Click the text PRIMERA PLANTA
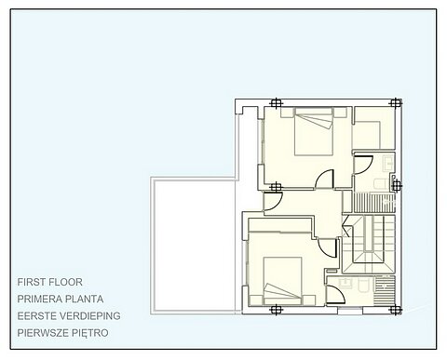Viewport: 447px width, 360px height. click(x=60, y=298)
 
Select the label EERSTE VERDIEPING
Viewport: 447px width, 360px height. click(x=68, y=314)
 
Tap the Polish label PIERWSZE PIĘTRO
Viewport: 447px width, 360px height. click(x=63, y=331)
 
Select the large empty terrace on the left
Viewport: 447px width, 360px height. click(x=195, y=244)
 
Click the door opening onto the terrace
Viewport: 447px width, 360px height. click(x=274, y=201)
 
